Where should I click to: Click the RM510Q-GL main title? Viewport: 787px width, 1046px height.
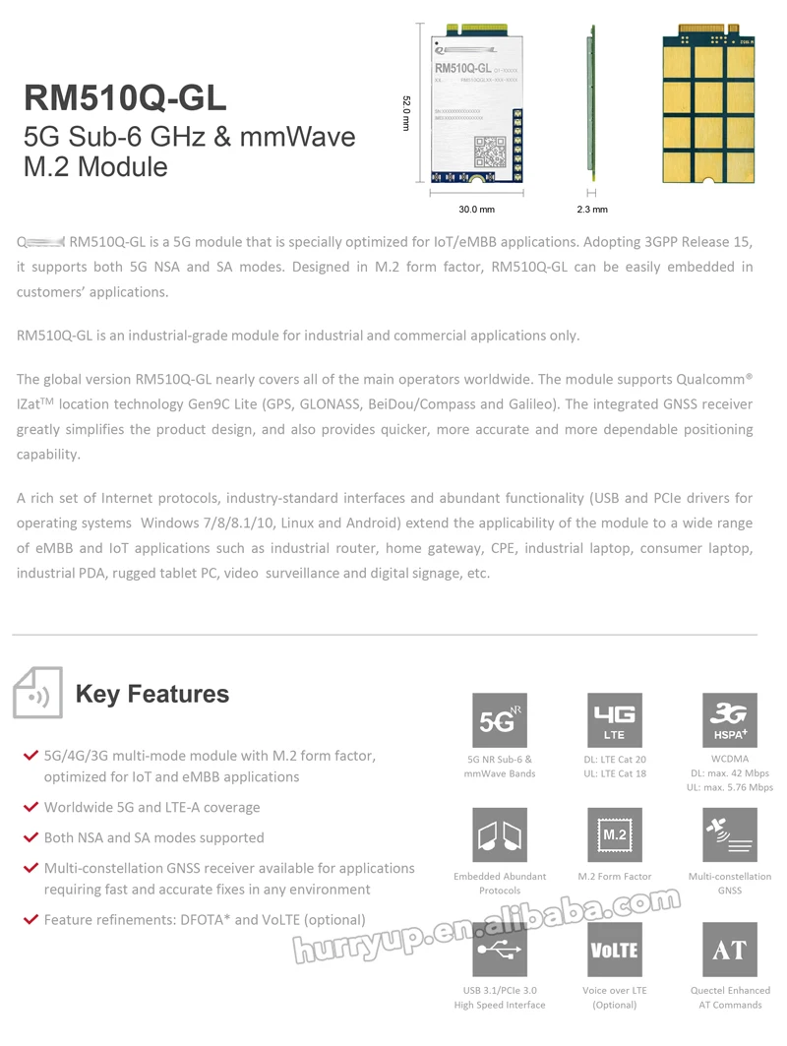[125, 97]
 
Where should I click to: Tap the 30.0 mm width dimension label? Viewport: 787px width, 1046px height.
[476, 210]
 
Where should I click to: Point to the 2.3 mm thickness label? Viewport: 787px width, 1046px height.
[592, 210]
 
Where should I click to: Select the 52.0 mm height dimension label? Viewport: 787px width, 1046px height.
[405, 117]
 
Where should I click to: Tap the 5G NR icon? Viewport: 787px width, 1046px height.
[500, 721]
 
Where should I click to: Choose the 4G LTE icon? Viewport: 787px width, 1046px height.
[614, 721]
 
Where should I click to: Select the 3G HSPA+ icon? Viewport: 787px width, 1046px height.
[729, 721]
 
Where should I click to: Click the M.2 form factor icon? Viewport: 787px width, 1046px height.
[614, 835]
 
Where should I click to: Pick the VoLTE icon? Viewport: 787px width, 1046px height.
[614, 950]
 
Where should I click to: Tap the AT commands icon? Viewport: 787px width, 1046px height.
[729, 950]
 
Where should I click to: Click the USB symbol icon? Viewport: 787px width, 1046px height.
[500, 950]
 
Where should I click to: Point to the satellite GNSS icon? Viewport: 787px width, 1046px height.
[729, 835]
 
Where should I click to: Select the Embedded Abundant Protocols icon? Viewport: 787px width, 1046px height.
[500, 835]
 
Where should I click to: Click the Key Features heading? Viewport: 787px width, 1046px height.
[152, 694]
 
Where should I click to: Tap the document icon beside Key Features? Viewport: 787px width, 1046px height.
[37, 694]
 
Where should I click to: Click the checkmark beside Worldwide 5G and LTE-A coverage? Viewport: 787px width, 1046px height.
[30, 807]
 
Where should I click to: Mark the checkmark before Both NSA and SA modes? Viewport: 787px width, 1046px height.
[30, 837]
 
